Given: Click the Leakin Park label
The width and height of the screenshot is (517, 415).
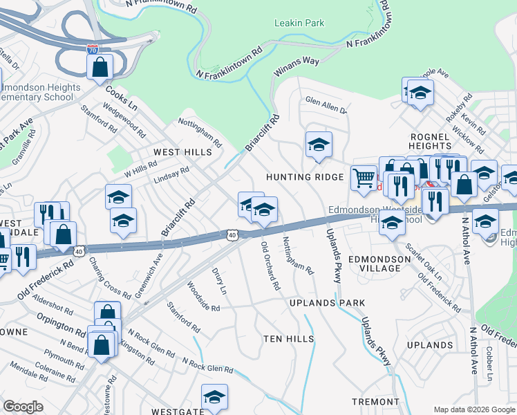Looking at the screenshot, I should (x=299, y=23).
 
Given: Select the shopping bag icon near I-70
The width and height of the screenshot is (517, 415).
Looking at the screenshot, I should (x=100, y=67).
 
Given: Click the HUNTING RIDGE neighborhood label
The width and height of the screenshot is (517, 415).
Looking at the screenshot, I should (x=305, y=178).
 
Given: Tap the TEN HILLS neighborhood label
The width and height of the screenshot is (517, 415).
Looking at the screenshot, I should (x=289, y=339).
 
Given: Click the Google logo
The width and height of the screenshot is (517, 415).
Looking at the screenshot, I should (x=23, y=407).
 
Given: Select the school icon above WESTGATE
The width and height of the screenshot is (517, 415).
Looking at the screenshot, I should (x=215, y=396).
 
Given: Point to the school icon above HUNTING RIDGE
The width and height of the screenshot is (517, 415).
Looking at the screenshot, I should (x=319, y=144).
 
